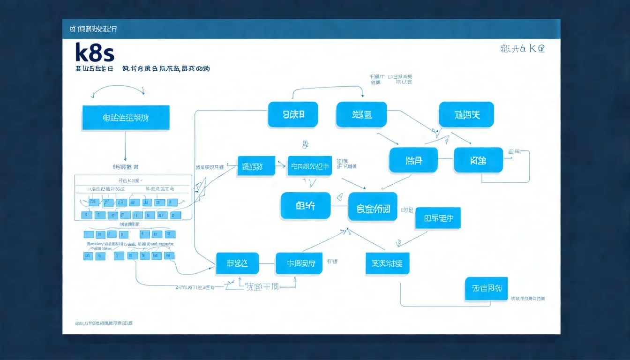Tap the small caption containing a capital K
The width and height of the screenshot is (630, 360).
click(523, 48)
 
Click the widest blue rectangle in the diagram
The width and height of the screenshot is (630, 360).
click(125, 117)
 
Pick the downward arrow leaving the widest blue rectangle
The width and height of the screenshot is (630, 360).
click(125, 145)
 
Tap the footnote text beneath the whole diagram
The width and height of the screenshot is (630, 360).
click(104, 323)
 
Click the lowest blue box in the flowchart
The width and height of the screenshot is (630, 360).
click(486, 289)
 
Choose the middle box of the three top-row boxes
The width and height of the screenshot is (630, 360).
click(361, 114)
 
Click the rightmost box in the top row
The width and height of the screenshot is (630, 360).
click(466, 114)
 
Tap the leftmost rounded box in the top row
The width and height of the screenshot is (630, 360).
click(293, 114)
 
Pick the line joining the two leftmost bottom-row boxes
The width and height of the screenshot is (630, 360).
click(267, 264)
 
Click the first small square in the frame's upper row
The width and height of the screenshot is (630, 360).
click(94, 203)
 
